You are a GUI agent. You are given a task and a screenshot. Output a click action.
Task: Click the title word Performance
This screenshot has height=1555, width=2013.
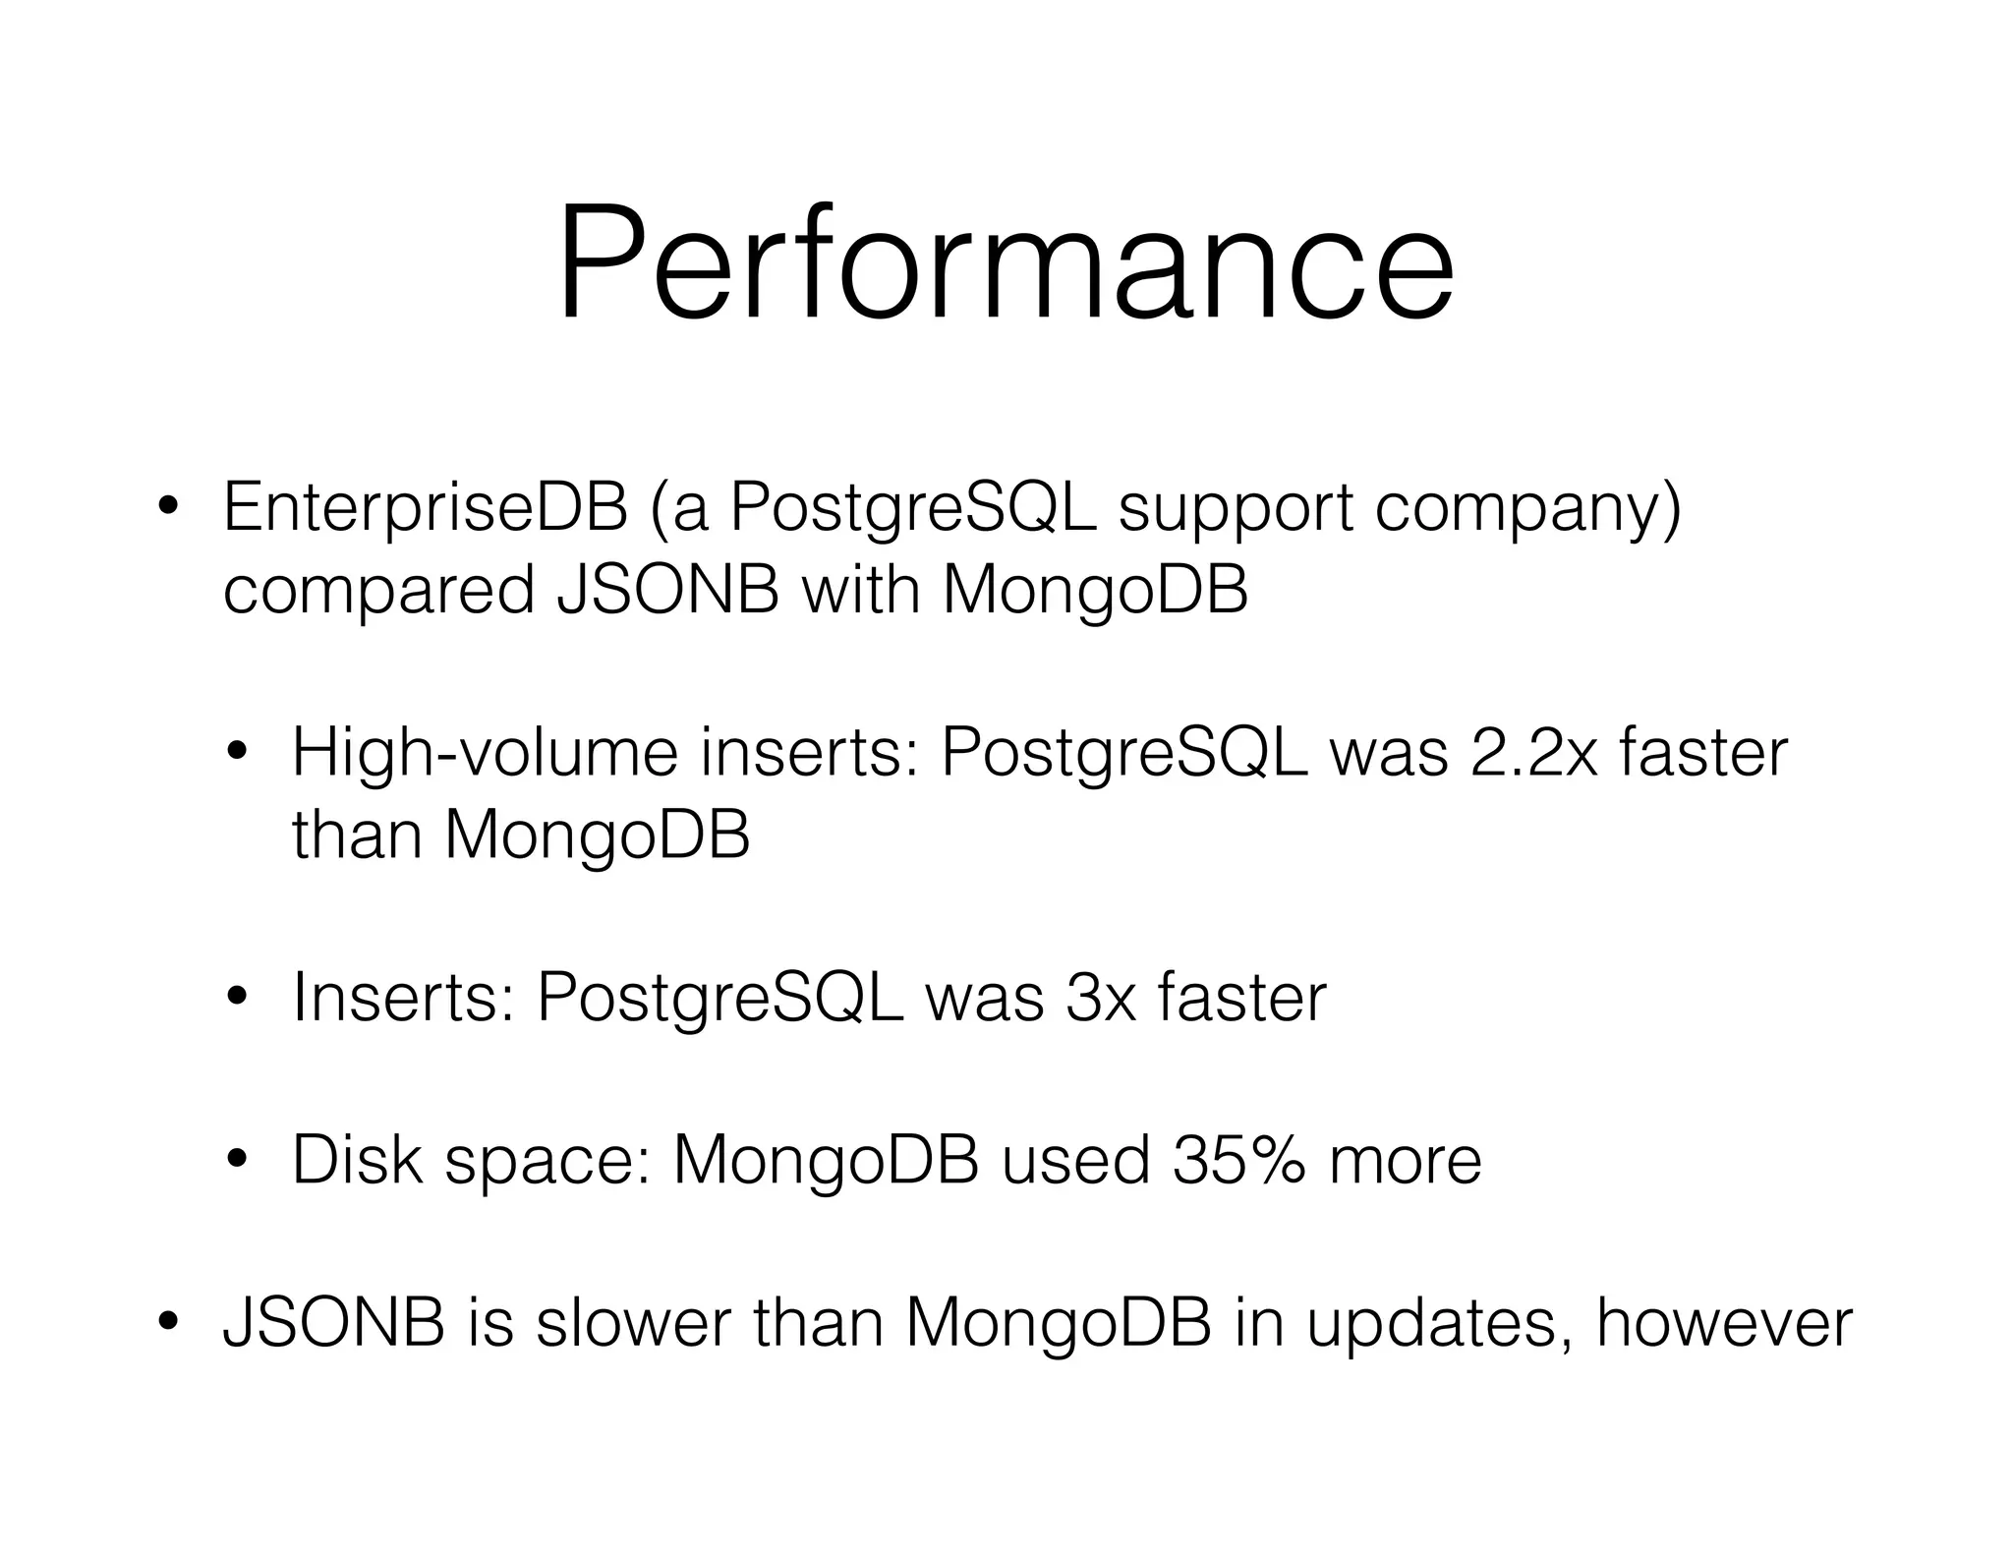tap(1005, 263)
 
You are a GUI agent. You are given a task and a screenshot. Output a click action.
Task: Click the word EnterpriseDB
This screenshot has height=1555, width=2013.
tap(425, 508)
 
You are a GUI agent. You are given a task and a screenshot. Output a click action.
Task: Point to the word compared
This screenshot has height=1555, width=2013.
tap(378, 593)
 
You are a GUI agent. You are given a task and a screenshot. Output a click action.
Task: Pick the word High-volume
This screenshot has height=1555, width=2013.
tap(485, 754)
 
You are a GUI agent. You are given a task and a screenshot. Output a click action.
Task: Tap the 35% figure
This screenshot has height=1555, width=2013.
tap(1238, 1160)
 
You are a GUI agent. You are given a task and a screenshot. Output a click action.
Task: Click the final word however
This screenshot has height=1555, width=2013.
tap(1724, 1323)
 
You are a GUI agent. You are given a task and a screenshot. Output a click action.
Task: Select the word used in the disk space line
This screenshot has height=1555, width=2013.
tap(1075, 1160)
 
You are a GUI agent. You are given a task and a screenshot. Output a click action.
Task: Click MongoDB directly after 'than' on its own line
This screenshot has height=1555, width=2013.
tap(597, 835)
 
